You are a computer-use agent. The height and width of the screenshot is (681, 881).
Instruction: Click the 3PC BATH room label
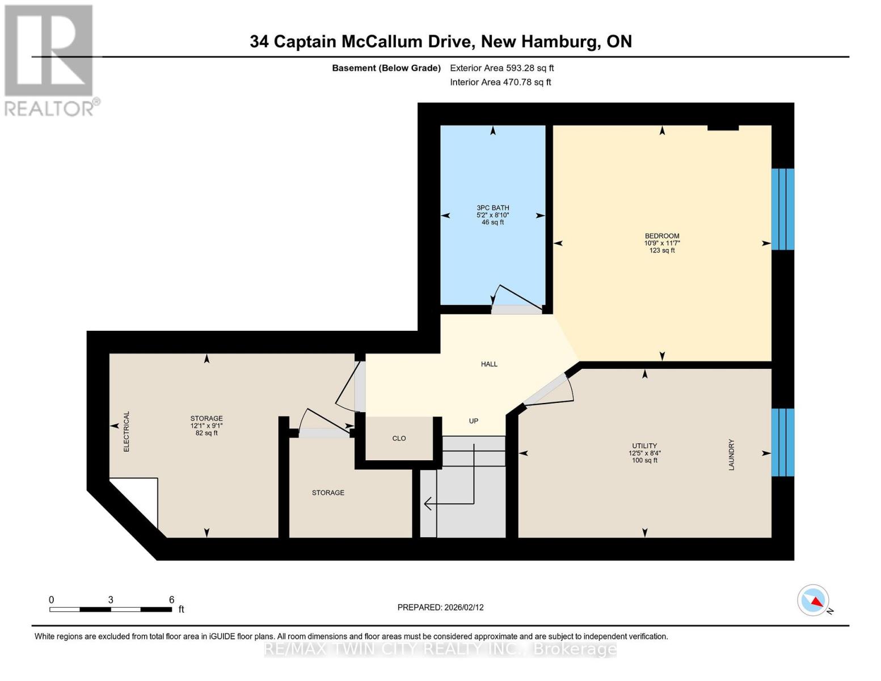(x=492, y=208)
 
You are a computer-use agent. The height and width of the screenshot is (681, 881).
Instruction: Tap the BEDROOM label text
(x=661, y=236)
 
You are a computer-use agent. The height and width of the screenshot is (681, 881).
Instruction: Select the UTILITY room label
(x=644, y=446)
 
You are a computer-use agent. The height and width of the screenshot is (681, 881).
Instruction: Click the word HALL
(x=489, y=364)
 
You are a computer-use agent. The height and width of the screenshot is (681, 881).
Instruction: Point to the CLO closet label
(x=399, y=439)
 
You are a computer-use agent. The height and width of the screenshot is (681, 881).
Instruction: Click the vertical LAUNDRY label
(x=731, y=455)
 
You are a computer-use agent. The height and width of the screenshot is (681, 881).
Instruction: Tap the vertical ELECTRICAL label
(x=127, y=432)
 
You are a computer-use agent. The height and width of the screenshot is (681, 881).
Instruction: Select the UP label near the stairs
(x=474, y=421)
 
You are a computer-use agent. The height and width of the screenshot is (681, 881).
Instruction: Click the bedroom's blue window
(x=782, y=209)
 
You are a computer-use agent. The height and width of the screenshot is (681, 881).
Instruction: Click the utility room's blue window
(x=782, y=442)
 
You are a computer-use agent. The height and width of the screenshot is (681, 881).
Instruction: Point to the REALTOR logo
(x=50, y=60)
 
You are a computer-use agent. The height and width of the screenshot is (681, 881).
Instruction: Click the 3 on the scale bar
(x=111, y=600)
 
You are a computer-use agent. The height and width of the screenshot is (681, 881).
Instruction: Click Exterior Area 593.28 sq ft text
(x=501, y=68)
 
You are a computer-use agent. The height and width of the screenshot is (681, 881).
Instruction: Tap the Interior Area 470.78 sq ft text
(x=500, y=82)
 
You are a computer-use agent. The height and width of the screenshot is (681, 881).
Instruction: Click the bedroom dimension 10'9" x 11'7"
(x=661, y=243)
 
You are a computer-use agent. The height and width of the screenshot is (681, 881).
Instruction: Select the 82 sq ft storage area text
(x=206, y=434)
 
